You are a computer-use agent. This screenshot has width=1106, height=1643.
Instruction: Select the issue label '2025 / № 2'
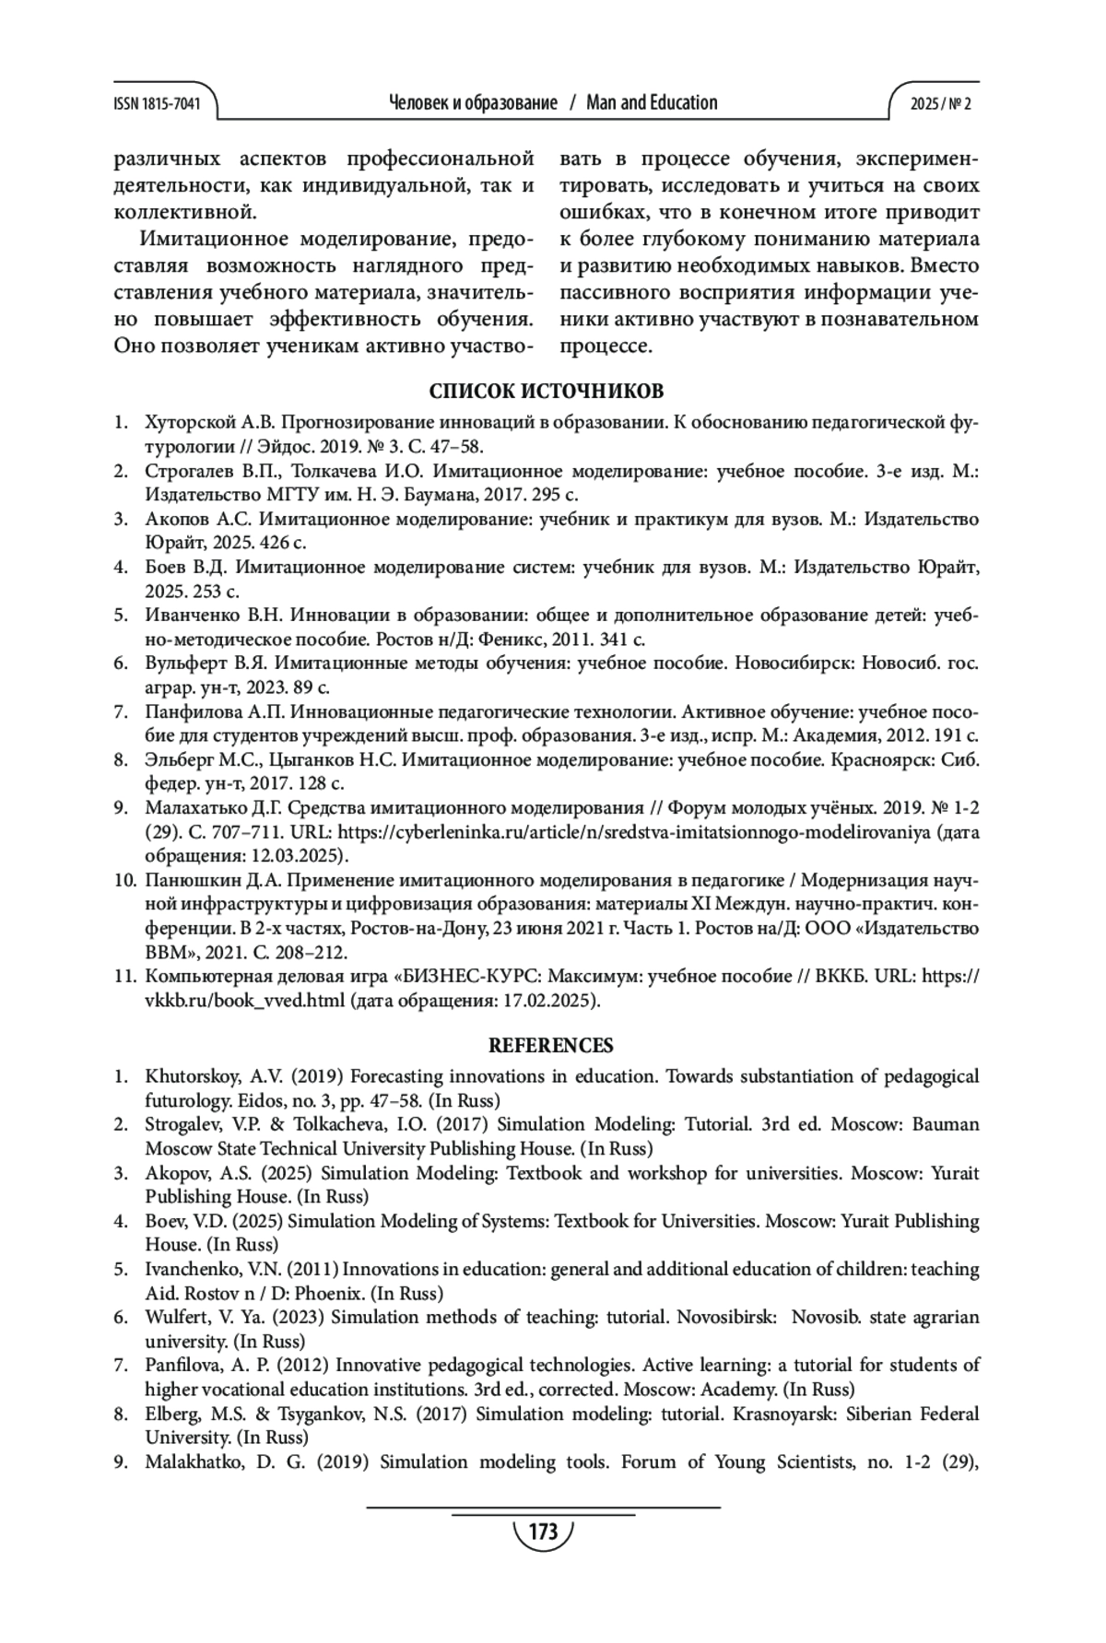(x=940, y=104)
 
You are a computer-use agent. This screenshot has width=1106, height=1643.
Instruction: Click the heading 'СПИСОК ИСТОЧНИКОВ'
(x=547, y=392)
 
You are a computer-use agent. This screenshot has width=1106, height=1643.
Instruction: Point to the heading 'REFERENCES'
(x=550, y=1045)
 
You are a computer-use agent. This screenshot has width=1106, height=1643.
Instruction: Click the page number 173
(x=544, y=1532)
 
